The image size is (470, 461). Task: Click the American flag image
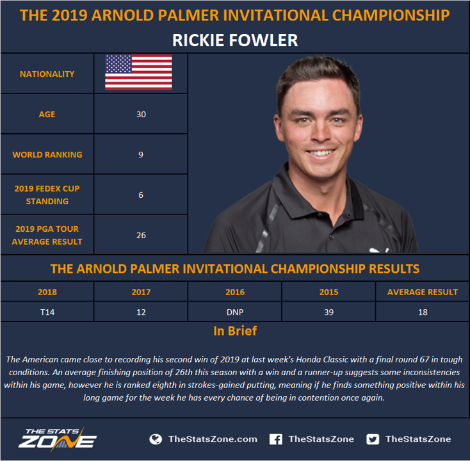coord(138,72)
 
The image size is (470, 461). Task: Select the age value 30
coord(141,114)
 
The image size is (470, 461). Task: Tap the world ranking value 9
coord(141,155)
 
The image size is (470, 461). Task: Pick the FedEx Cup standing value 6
coord(141,195)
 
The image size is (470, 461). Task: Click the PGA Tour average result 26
coord(141,235)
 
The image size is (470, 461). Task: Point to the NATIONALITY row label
coord(47,74)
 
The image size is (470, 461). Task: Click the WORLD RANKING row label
coord(47,155)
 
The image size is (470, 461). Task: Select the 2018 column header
coord(47,292)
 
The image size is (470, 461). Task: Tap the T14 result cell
coord(47,312)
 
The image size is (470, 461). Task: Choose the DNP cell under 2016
coord(235,312)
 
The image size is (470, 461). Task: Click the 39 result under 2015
coord(329,312)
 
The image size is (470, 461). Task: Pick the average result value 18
coord(423,312)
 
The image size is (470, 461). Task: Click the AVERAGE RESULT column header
coord(423,292)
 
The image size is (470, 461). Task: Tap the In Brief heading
coord(235,331)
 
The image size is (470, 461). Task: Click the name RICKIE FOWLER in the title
coord(235,40)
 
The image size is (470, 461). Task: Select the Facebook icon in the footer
coord(276,439)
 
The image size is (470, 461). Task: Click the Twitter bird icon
coord(373,439)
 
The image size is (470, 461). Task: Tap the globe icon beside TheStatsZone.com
coord(156,439)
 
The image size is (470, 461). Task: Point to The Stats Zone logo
coord(58,439)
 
